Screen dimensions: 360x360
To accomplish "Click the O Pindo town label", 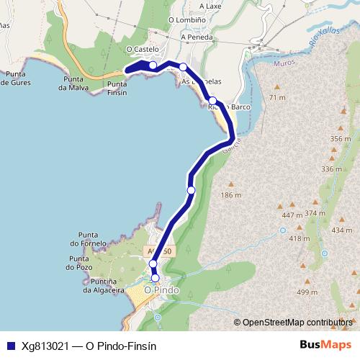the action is pyautogui.click(x=161, y=290).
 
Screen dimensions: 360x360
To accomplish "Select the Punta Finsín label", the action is pyautogui.click(x=117, y=88).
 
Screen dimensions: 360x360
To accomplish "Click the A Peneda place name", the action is pyautogui.click(x=196, y=36).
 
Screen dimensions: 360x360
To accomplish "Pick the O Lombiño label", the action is pyautogui.click(x=182, y=20).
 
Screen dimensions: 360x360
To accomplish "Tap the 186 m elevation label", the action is pyautogui.click(x=230, y=195).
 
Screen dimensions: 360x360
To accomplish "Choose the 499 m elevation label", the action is pyautogui.click(x=307, y=292).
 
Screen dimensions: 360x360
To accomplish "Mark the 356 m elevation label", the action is pyautogui.click(x=339, y=138).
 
